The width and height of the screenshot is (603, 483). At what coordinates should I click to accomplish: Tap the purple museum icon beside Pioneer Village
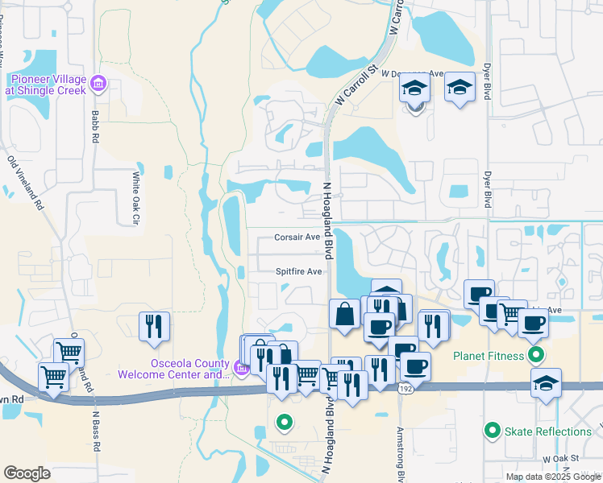(98, 83)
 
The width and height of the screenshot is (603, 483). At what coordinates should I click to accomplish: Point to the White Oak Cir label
(136, 196)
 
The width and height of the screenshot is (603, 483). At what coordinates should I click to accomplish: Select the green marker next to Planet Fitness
(534, 354)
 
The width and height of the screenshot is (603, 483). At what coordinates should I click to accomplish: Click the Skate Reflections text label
(548, 431)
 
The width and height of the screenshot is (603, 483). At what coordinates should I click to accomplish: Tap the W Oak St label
(561, 458)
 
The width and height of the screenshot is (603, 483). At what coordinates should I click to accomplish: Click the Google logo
(27, 473)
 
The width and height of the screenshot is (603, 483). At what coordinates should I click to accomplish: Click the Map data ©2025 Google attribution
(553, 477)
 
